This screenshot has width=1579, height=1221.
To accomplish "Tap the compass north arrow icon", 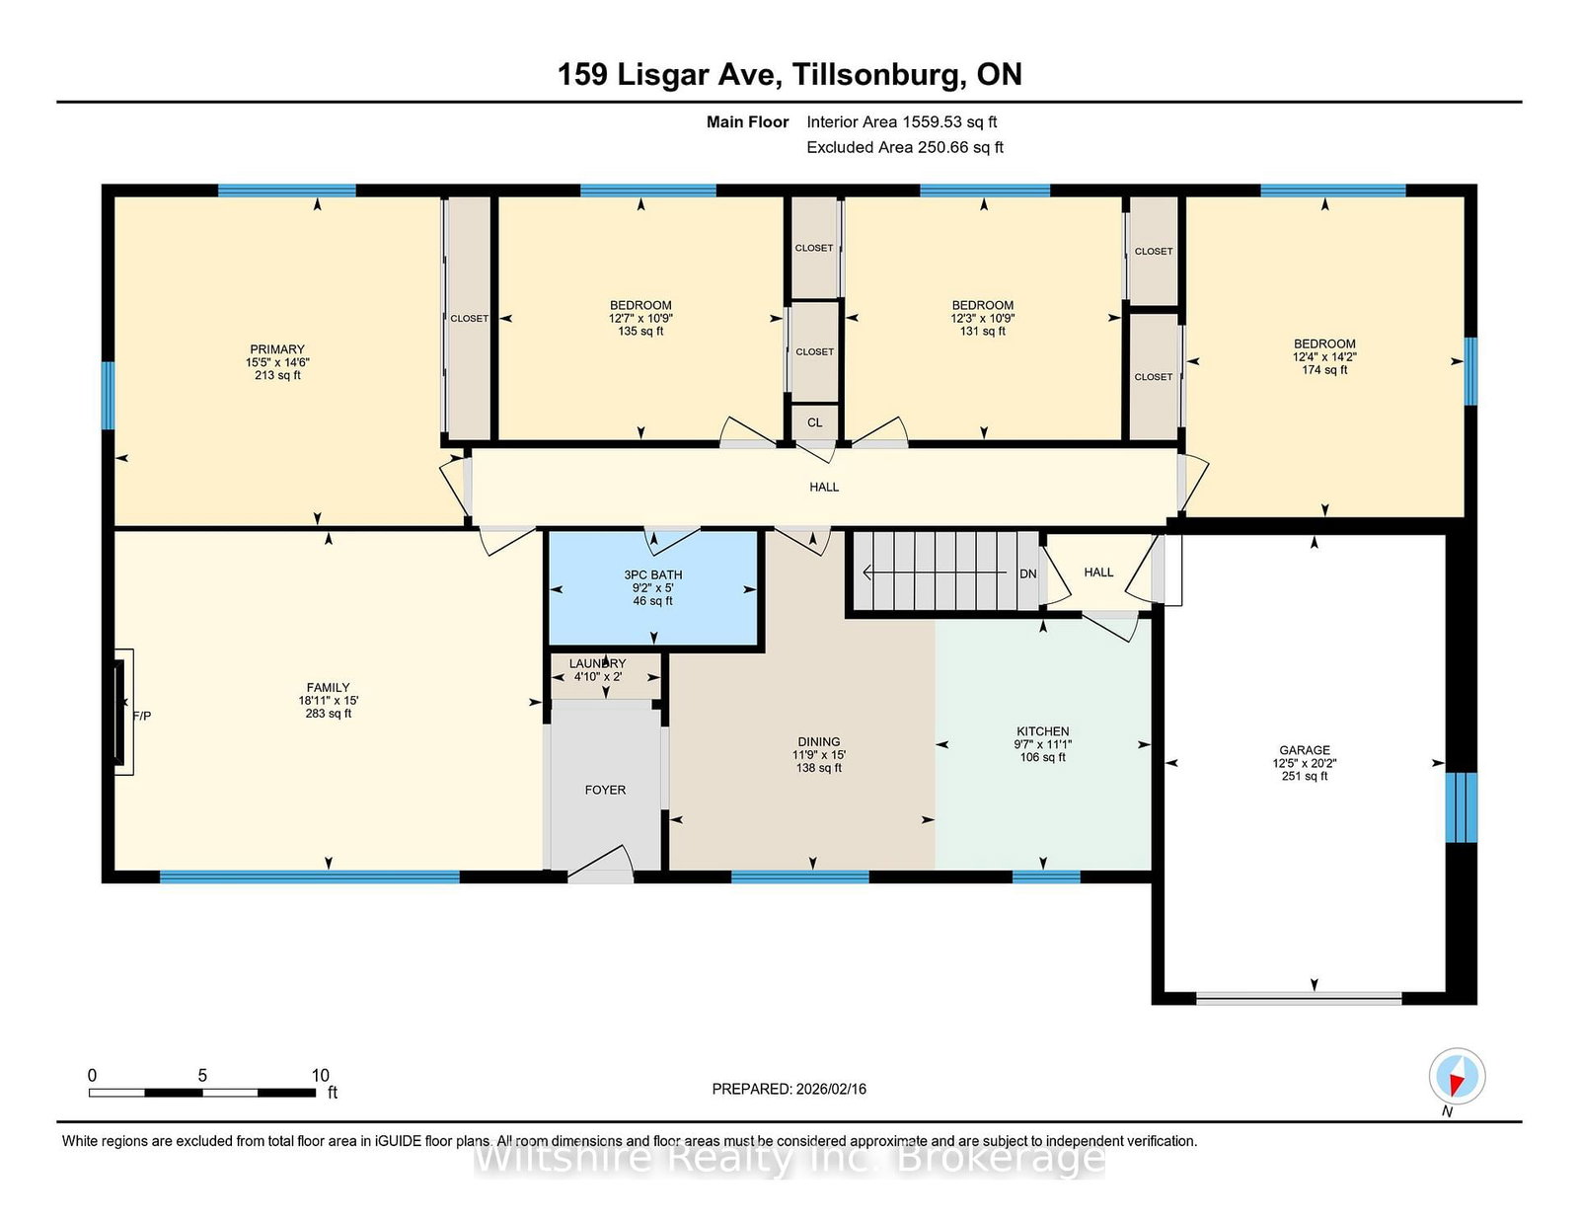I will coord(1457,1076).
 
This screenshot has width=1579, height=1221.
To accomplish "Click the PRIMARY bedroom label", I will coord(277,349).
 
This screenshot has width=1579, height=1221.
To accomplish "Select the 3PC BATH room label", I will coord(652,574).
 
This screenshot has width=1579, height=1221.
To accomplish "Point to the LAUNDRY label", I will coord(597,663).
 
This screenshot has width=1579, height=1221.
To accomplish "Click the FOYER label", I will coord(605,790).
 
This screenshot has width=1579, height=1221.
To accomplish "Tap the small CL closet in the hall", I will coord(814,422).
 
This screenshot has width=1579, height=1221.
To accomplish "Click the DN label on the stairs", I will coord(1028,573).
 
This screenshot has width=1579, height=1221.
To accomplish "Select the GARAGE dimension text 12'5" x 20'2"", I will coord(1305,763).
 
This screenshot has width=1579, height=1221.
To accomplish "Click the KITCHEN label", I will coord(1043,731).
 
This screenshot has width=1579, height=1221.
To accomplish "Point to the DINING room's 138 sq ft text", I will coord(819,768).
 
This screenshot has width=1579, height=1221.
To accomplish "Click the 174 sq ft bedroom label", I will coord(1324,370).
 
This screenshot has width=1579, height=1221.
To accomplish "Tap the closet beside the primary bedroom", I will coord(469,318).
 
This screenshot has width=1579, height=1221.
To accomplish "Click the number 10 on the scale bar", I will coord(320,1076).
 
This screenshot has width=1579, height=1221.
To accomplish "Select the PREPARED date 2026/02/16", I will coord(789,1089).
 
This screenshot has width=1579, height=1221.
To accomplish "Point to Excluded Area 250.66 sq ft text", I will coord(904,147).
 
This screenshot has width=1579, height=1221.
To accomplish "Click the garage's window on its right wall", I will coord(1461,806).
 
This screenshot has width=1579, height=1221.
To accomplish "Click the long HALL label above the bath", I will coord(824,487).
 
